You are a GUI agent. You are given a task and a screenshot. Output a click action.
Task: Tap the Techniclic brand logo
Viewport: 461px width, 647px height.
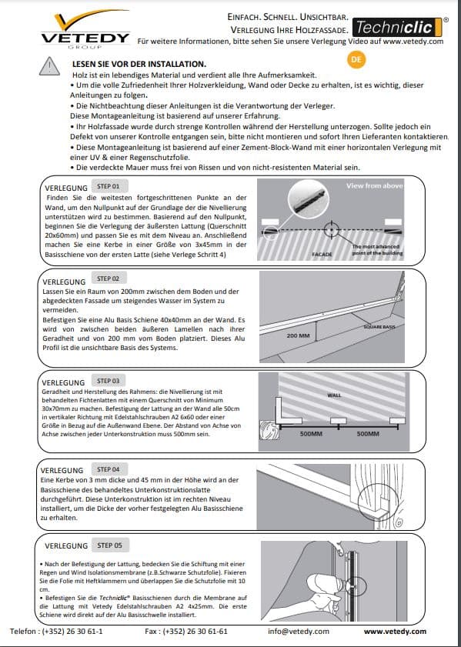pos(397,27)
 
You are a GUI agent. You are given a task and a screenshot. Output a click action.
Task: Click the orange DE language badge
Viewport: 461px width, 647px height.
pos(356,59)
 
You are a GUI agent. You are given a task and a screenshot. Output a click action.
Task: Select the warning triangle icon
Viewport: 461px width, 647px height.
pos(49,66)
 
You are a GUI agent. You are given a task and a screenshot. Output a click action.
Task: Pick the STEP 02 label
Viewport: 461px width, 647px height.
pos(108,278)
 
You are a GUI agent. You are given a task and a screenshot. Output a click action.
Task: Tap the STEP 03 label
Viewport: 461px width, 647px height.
pos(108,381)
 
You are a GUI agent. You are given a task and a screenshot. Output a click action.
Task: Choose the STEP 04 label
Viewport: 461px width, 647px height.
pos(108,469)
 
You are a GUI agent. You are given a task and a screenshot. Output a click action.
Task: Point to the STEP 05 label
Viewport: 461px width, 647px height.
pos(110,545)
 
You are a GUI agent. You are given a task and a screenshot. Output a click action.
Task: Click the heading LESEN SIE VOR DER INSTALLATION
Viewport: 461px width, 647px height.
pos(139,65)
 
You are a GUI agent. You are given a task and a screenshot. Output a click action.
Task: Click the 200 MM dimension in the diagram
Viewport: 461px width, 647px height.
pos(298,335)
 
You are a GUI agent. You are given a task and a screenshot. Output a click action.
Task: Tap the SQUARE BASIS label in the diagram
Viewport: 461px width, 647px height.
pos(379,327)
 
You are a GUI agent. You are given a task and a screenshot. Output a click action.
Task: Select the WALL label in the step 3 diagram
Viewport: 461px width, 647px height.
pos(334,395)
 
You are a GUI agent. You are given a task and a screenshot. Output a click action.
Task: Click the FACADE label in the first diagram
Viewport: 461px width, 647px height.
pos(322,254)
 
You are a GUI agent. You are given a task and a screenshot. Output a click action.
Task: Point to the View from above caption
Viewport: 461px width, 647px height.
pos(375,185)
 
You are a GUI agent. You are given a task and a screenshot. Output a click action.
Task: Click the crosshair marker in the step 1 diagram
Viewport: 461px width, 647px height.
pos(331,230)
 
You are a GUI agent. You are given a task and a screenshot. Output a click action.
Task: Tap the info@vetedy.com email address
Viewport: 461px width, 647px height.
pos(299,631)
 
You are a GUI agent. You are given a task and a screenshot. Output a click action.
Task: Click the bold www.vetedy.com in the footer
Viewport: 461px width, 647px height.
pos(395,631)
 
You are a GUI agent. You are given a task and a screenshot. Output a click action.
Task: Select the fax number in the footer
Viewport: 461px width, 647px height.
pos(186,631)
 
